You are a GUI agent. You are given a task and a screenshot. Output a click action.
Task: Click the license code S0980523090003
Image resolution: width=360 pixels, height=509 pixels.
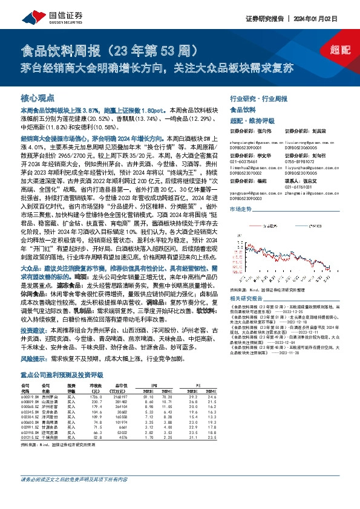247,198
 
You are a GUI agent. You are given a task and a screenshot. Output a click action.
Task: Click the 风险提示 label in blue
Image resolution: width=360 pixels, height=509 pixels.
34,358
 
